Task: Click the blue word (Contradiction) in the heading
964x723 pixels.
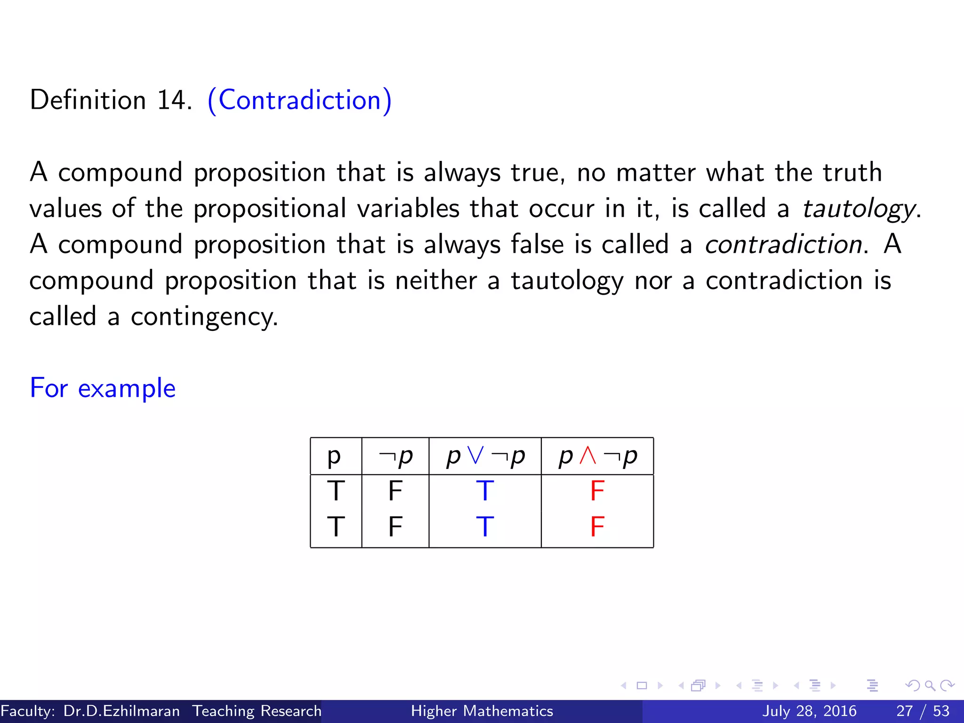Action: (299, 100)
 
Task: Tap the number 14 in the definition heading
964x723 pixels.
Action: (172, 100)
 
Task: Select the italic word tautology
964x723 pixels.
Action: (859, 209)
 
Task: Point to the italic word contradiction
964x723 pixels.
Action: (783, 244)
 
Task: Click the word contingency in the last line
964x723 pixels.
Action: (204, 317)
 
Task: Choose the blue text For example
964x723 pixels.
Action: (103, 388)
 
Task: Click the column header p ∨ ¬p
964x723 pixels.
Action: (485, 456)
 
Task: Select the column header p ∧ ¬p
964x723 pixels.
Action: (597, 456)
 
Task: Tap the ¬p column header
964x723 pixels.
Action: (395, 456)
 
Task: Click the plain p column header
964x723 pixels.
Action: (334, 456)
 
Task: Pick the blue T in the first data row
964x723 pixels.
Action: (485, 491)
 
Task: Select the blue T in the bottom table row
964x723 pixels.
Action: (485, 526)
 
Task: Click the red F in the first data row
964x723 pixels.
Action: (597, 491)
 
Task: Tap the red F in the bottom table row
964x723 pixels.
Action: (597, 526)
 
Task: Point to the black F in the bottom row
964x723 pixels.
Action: (395, 526)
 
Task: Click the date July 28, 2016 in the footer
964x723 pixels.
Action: (809, 711)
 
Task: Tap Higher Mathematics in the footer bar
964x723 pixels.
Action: (482, 711)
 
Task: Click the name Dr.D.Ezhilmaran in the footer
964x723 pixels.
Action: (121, 711)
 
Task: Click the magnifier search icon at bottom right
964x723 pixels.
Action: (930, 685)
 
